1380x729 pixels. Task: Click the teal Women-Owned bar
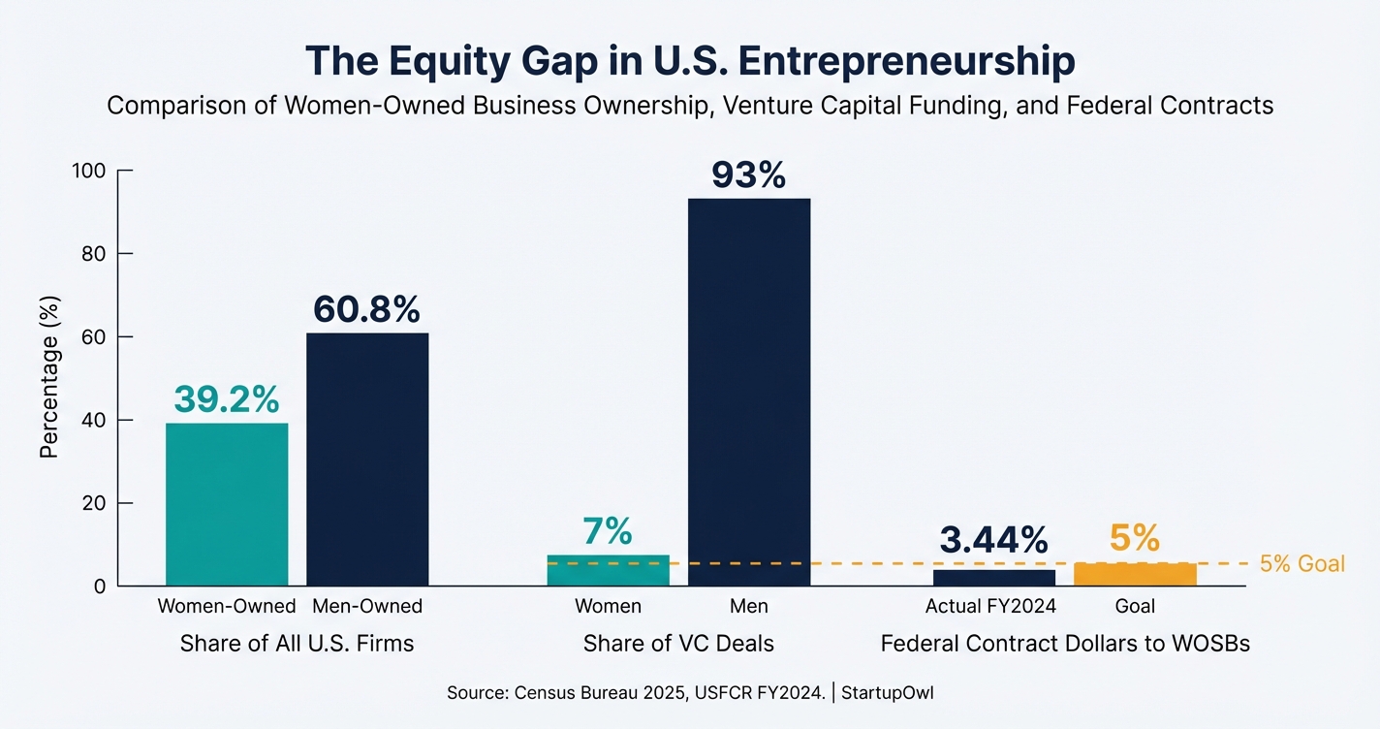(227, 504)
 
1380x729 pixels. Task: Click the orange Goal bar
(1135, 574)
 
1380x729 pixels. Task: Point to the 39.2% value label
(227, 398)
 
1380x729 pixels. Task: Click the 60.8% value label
(367, 309)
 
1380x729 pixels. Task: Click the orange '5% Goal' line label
(1302, 563)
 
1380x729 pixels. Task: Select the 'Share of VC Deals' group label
(678, 644)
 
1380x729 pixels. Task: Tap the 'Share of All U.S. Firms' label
(297, 644)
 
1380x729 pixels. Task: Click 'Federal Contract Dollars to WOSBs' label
(1064, 644)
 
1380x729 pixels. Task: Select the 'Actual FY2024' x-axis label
(990, 607)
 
